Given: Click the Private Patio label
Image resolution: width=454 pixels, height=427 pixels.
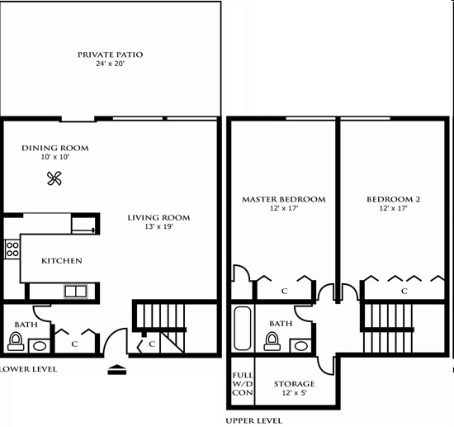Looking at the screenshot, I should click(x=110, y=55).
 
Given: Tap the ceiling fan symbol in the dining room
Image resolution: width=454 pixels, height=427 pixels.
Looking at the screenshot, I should click(x=55, y=178).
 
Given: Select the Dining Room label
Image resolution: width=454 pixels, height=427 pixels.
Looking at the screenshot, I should click(x=54, y=149).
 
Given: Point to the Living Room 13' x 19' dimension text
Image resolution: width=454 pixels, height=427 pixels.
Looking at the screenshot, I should click(x=158, y=228).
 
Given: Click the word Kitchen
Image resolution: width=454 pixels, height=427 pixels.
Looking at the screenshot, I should click(x=62, y=261).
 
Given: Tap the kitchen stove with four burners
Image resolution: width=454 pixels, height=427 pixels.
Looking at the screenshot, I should click(x=12, y=249).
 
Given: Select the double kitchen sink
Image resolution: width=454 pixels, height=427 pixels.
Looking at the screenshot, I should click(x=76, y=291).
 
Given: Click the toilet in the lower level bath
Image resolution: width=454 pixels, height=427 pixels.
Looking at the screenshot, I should click(x=16, y=340).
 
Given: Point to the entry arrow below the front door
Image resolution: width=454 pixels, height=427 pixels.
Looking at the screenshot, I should click(x=117, y=371).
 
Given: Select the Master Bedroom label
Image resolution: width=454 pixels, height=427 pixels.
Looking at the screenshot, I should click(x=283, y=199).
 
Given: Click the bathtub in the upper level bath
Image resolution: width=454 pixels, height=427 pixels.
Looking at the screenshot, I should click(x=242, y=330).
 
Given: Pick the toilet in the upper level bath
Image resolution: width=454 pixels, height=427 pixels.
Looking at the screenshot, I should click(x=272, y=342).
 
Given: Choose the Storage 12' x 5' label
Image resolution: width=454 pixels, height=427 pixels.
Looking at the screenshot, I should click(x=295, y=389).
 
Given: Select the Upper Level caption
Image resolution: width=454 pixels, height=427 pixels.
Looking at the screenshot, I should click(x=253, y=420).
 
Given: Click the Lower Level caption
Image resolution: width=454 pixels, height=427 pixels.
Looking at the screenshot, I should click(x=29, y=369).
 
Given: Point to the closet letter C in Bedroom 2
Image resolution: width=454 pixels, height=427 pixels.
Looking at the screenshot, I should click(x=404, y=292).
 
